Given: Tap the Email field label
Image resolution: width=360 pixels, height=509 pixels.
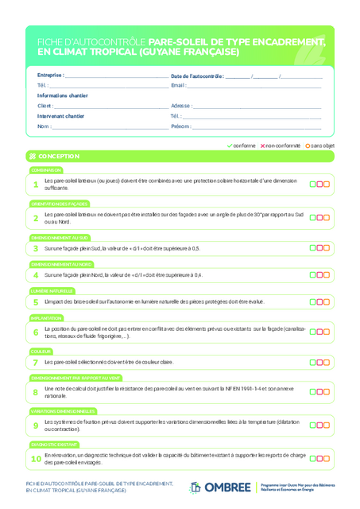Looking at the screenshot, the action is point(178,85).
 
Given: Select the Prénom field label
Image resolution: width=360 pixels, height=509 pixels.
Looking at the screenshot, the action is point(180,126).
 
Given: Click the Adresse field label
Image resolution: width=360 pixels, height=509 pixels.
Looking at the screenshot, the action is point(180,105).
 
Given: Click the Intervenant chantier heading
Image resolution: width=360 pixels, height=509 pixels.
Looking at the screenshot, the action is point(60,116).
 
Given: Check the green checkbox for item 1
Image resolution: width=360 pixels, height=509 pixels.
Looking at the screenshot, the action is point(312,185).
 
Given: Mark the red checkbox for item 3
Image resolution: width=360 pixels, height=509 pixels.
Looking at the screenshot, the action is point(319,248).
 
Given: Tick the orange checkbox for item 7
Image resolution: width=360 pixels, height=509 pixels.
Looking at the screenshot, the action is point(326,362).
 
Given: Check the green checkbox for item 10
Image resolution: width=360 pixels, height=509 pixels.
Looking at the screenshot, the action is point(312,458).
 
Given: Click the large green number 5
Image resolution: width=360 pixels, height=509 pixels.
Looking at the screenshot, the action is point(35,302).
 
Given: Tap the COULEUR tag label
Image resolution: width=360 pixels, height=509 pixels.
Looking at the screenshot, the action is point(41,351).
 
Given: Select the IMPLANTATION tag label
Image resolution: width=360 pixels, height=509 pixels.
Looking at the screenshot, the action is point(46,318).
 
